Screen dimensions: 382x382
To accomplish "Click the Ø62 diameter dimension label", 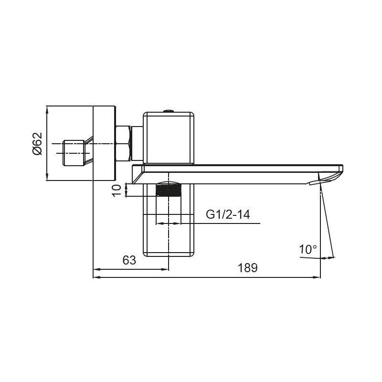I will [38, 144].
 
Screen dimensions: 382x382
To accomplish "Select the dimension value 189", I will [248, 268].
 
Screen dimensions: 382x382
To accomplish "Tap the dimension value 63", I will [129, 260].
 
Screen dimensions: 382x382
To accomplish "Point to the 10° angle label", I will [308, 249].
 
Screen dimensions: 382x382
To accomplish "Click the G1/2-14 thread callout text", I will [228, 215].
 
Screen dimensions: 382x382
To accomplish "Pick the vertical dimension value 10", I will [116, 190].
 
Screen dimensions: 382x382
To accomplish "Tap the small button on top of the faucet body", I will [169, 110].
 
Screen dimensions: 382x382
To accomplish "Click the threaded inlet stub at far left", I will [74, 153].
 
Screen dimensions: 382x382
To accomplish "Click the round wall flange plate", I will [104, 143].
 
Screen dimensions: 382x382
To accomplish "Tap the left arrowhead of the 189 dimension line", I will [95, 277].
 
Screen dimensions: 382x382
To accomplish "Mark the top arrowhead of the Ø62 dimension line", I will [47, 109].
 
